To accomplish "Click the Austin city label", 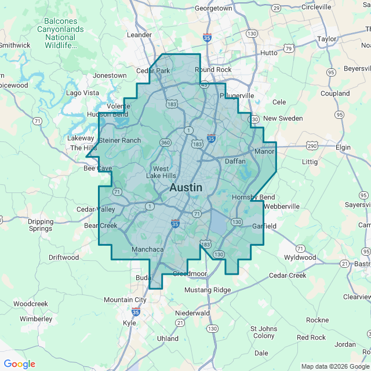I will coord(185,188).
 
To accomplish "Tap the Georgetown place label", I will coord(213,9).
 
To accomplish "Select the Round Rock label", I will coord(213,70).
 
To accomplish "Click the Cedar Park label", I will coord(153,71).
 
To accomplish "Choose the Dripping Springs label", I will coord(41,225).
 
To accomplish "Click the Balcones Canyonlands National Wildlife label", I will coord(64,33).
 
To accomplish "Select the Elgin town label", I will coord(343,148).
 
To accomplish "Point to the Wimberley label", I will coord(35,319).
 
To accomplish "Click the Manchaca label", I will coord(148,249).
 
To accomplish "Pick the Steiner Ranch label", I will coord(120,140).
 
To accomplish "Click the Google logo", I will coord(19,364).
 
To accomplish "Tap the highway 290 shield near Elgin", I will coord(312,146).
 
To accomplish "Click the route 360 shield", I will coord(166,143).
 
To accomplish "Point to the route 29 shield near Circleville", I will coord(277,8).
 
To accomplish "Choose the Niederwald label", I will coord(192,312).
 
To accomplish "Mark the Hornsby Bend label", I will coord(253,197).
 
